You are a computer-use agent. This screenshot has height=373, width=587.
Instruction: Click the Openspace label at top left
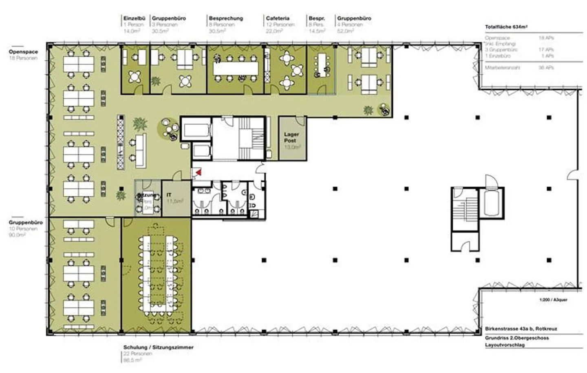[23, 52]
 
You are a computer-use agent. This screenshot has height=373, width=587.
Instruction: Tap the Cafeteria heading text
[278, 18]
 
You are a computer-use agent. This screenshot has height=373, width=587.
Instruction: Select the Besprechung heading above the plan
[225, 18]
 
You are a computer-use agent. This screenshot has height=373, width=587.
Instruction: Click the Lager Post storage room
[292, 139]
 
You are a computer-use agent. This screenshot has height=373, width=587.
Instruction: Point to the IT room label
[169, 195]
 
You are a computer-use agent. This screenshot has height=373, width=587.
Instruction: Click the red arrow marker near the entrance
[199, 172]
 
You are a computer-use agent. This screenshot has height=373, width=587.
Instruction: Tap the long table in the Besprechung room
[236, 68]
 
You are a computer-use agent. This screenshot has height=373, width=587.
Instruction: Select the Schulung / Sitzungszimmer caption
[158, 347]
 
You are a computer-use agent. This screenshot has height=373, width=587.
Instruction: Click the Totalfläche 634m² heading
[506, 27]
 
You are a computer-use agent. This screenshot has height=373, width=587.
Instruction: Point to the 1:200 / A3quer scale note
[553, 300]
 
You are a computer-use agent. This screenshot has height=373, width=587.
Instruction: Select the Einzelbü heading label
[134, 18]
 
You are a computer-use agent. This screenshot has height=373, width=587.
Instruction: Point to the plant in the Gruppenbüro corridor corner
[369, 110]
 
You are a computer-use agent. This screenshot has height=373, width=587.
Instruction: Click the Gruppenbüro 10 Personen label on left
[25, 222]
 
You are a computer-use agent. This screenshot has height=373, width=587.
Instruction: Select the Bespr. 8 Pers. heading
[316, 18]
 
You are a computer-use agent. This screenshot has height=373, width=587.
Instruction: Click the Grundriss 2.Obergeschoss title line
[516, 338]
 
